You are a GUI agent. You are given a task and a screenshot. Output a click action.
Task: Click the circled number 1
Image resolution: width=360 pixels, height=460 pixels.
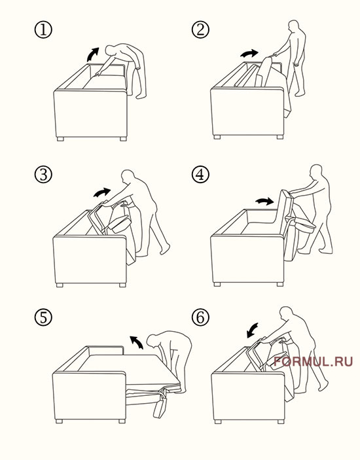tap(43, 30)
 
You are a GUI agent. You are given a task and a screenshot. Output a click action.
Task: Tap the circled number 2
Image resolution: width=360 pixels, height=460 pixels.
tap(200, 29)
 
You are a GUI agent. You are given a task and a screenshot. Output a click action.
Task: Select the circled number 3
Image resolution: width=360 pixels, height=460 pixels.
tap(43, 175)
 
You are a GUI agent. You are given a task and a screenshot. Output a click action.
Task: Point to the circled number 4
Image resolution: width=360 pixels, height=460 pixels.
tap(200, 175)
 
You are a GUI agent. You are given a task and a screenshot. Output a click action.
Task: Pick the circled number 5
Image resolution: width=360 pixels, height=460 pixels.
tap(43, 317)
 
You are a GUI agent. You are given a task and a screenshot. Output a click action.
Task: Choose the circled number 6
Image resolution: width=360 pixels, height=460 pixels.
tap(200, 317)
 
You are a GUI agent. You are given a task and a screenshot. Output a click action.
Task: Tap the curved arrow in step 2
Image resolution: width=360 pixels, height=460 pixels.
tap(249, 54)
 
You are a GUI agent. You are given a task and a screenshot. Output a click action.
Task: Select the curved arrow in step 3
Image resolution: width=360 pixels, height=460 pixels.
tap(102, 192)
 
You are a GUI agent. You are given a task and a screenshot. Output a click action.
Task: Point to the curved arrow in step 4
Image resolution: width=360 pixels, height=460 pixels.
tap(264, 201)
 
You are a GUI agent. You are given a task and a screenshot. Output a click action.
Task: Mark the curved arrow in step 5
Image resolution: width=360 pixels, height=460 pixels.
tap(137, 342)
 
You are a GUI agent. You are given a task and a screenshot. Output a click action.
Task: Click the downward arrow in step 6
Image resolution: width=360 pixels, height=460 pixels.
tap(252, 330)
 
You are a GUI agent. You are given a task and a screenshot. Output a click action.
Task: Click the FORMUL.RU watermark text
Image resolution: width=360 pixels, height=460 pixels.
tap(313, 361)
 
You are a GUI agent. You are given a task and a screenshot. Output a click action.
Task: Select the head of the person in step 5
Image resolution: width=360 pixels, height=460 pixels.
tap(153, 341)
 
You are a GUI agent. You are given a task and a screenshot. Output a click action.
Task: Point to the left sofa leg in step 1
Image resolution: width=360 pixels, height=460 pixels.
tap(60, 139)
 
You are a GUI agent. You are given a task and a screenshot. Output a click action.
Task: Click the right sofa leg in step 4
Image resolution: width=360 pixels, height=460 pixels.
tap(280, 284)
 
